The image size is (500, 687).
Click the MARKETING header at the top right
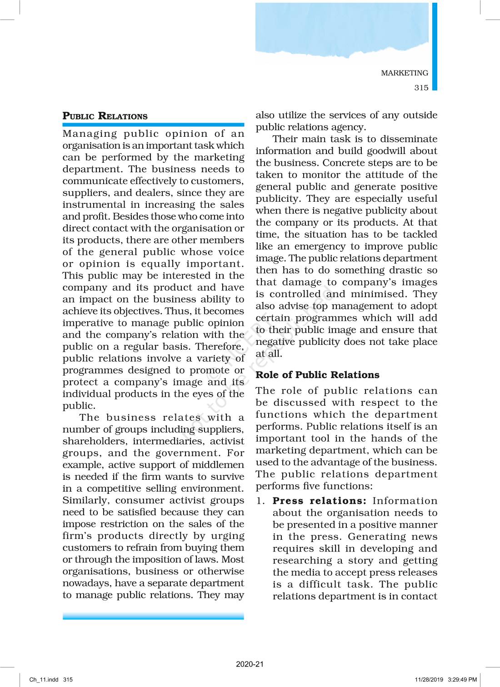pos(404,73)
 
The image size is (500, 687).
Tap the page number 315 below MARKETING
pos(421,88)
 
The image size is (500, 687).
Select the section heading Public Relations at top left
pos(105,116)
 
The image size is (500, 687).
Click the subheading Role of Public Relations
pos(317,375)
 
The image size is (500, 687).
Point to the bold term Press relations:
pos(319,501)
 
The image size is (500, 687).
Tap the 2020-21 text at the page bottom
pos(250,664)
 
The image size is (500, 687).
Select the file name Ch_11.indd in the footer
pos(44,680)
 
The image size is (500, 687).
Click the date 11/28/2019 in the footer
pos(429,680)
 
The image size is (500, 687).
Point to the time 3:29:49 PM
pos(462,680)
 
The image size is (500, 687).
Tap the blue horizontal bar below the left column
pos(153,616)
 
